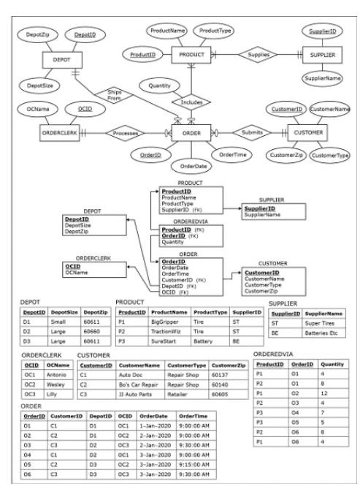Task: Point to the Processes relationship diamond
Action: click(126, 133)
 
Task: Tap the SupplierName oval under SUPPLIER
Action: click(322, 77)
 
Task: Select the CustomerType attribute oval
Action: click(330, 155)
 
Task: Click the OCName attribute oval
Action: click(32, 109)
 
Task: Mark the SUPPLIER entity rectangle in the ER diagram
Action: click(322, 54)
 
